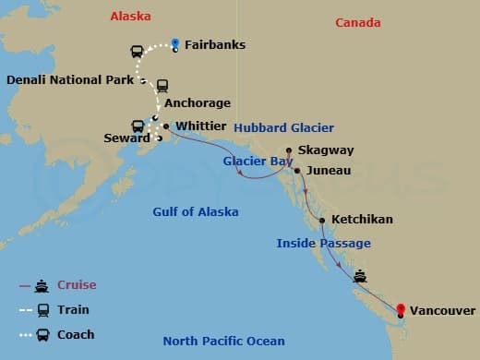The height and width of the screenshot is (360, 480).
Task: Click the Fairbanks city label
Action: pyautogui.click(x=214, y=44)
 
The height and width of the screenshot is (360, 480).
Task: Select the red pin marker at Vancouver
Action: pyautogui.click(x=400, y=311)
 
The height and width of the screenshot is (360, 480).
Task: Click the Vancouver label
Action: pyautogui.click(x=442, y=311)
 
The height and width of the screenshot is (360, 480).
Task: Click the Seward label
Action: pyautogui.click(x=126, y=138)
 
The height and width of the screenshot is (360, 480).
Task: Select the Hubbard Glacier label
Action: pyautogui.click(x=283, y=127)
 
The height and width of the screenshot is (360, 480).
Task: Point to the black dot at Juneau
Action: pyautogui.click(x=296, y=171)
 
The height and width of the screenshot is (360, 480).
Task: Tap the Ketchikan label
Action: pyautogui.click(x=362, y=220)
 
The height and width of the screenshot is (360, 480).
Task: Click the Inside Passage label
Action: pyautogui.click(x=323, y=243)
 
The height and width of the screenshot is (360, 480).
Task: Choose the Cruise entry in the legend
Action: pyautogui.click(x=76, y=285)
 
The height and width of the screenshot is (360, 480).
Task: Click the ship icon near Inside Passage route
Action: pyautogui.click(x=360, y=275)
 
